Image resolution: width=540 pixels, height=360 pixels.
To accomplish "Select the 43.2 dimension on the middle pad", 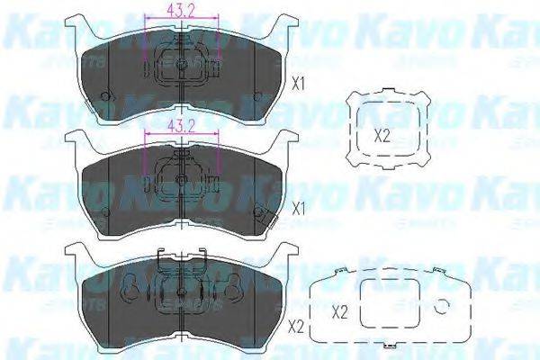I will [182, 124].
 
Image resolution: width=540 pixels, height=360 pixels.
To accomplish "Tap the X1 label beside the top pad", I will [300, 85].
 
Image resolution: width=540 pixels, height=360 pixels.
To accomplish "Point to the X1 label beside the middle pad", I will [300, 207].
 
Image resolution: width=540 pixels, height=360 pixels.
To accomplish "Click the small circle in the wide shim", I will [441, 307].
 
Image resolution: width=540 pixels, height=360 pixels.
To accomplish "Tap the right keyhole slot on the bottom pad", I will [233, 292].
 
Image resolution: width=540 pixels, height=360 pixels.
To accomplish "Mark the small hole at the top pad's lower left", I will [106, 97].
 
